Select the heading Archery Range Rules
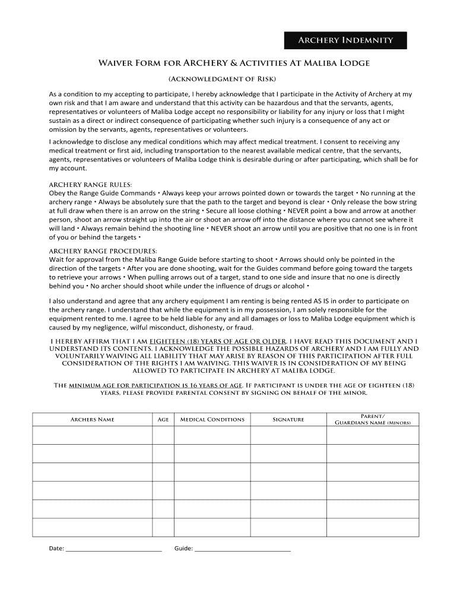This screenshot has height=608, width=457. coord(90,185)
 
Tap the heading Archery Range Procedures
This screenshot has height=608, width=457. coord(103,251)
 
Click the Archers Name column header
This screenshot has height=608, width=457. coord(92,420)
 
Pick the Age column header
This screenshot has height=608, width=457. coord(163,420)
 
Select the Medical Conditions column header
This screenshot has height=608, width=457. coord(212,420)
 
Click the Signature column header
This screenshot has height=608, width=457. coord(288,420)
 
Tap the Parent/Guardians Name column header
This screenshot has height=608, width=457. coord(372,419)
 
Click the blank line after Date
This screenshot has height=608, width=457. coord(113,549)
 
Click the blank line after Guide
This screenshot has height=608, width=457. coord(243,549)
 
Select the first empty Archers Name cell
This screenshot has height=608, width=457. coord(92,435)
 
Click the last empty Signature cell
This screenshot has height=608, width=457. coord(288,527)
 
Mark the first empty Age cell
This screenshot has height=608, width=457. coord(163,435)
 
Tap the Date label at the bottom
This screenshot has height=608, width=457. coord(56,549)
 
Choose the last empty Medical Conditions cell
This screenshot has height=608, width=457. coord(212,527)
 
